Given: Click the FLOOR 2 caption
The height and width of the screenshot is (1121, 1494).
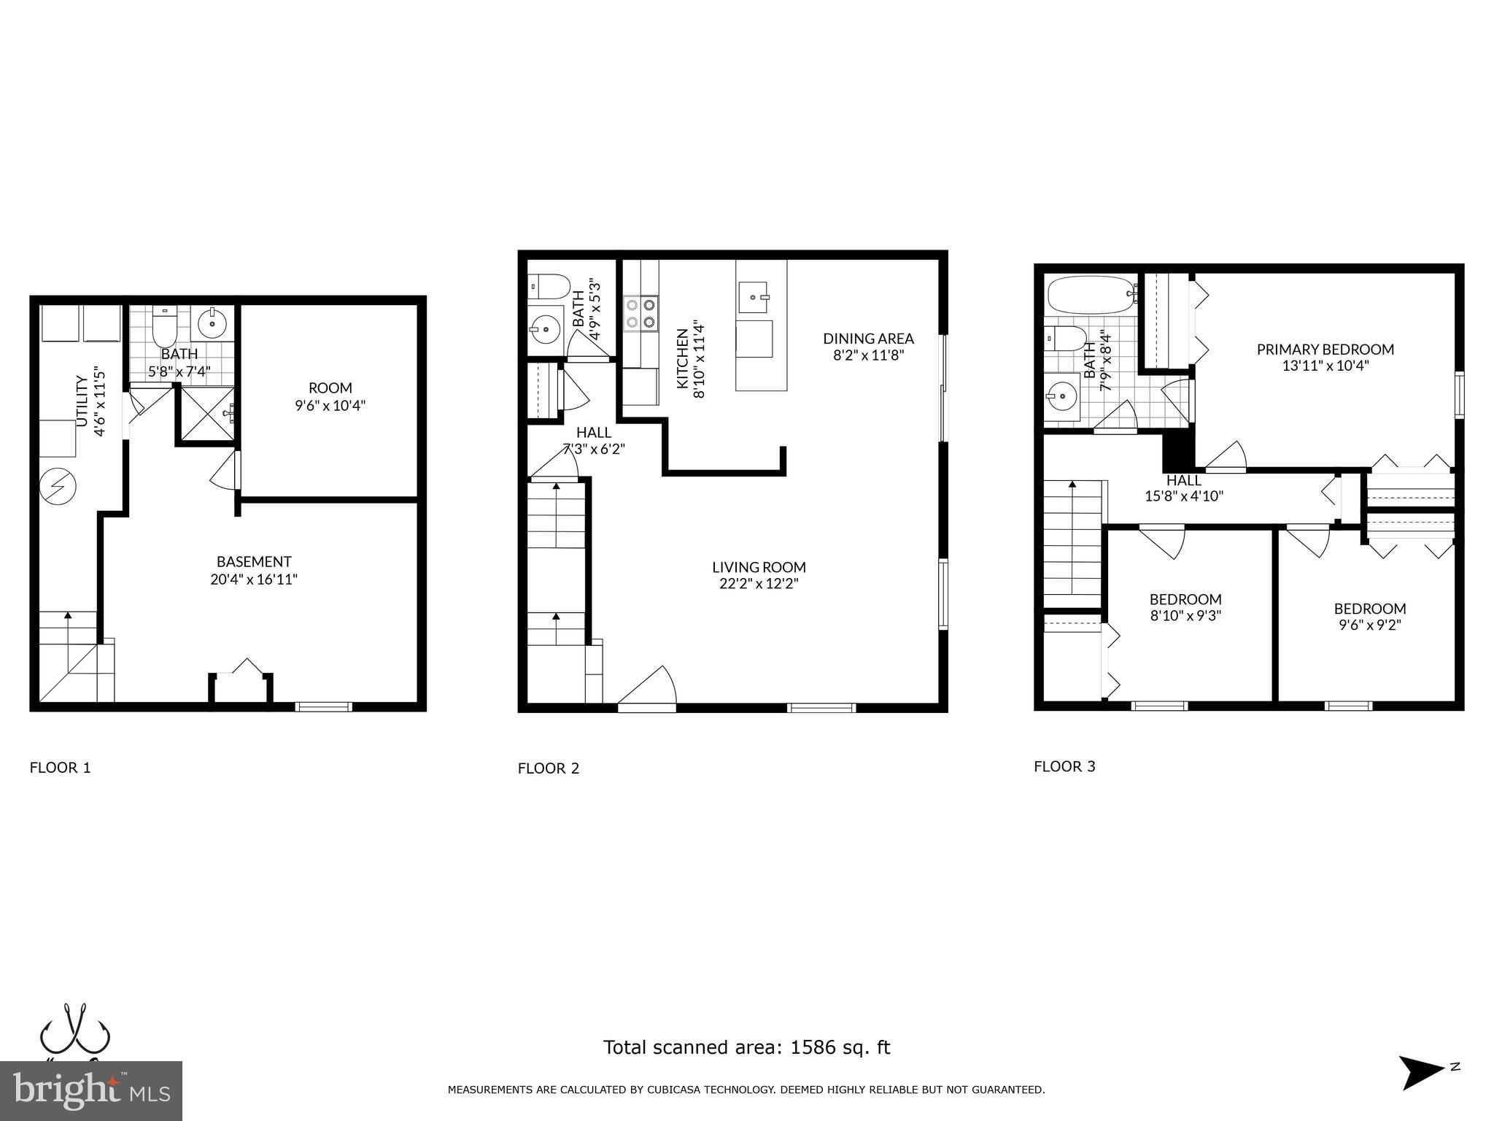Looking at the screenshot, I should pos(548,768).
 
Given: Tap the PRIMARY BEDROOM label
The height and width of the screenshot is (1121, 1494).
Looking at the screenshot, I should pos(1325,350).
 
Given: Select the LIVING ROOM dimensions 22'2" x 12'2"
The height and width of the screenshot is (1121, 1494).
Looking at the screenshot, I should pos(759,584).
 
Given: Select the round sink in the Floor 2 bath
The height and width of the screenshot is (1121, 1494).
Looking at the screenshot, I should pos(543,331).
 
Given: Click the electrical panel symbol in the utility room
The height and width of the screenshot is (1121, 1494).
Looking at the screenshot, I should pos(57,485).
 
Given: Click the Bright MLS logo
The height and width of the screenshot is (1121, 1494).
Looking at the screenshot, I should pos(91,1092).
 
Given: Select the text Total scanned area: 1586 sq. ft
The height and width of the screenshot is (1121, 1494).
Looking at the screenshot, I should pos(746,1048).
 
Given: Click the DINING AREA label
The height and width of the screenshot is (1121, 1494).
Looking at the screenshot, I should pos(868,339).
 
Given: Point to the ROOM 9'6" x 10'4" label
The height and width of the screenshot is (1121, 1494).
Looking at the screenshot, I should pos(330,396).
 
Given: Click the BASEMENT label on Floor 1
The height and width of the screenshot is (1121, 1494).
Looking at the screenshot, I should pos(254,562).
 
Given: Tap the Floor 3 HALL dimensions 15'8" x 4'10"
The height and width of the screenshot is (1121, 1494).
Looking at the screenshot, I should pos(1183,496).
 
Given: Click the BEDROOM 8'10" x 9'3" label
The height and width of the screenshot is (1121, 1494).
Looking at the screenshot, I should pos(1185,607).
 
